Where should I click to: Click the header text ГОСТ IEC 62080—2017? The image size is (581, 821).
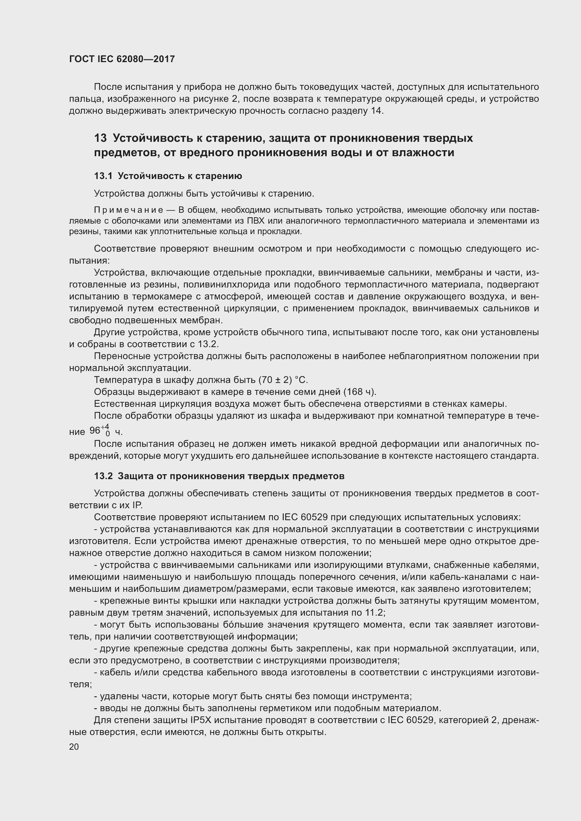[x=122, y=59]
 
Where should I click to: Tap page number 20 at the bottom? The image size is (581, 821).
[x=74, y=747]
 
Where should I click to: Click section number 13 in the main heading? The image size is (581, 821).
[x=100, y=138]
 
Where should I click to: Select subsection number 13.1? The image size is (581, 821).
[x=103, y=176]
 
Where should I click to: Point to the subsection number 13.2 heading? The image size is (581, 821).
[x=103, y=476]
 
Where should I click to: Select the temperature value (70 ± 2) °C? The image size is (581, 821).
[x=283, y=380]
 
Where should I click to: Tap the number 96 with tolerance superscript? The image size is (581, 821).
[x=95, y=430]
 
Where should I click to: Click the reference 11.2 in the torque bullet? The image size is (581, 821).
[x=374, y=613]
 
